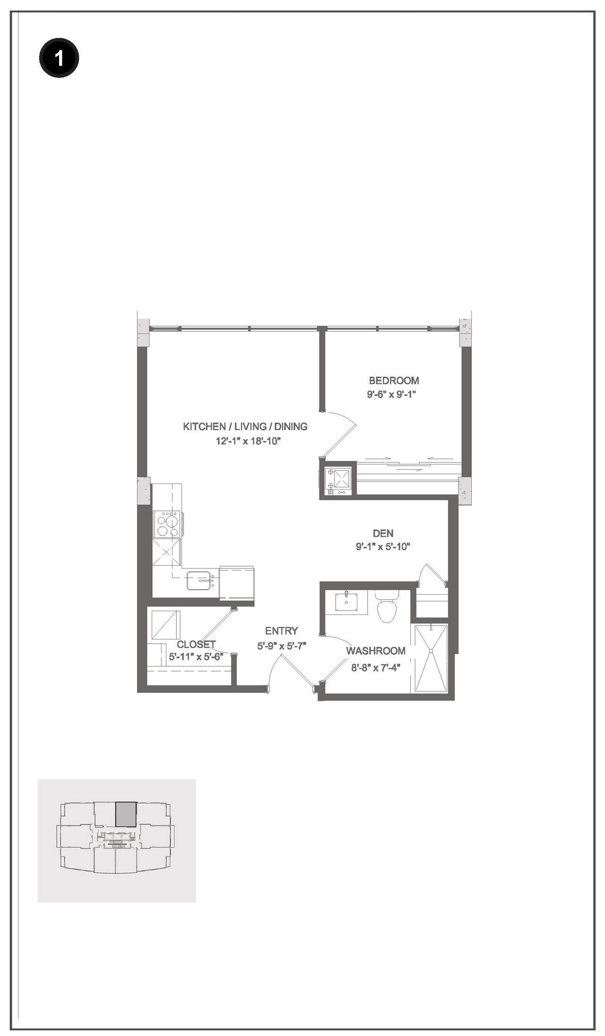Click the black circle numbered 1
(x=59, y=59)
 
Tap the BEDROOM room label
(x=394, y=380)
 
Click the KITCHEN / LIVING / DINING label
(x=245, y=426)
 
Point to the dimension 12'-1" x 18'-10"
(x=245, y=441)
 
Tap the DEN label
(x=383, y=533)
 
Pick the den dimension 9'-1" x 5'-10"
(x=383, y=547)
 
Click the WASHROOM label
(x=376, y=651)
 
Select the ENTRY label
(x=281, y=631)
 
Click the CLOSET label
(x=196, y=644)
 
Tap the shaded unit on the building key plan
(x=126, y=814)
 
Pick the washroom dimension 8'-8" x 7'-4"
(x=376, y=668)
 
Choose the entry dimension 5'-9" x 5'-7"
(x=282, y=646)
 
